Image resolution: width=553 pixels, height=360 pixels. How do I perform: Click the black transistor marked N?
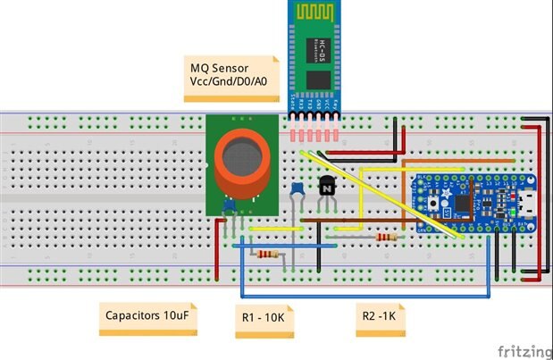(x=328, y=187)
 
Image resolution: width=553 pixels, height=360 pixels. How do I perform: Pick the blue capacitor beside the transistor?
(x=296, y=189)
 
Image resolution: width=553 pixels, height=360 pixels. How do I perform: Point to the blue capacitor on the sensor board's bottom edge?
(x=229, y=205)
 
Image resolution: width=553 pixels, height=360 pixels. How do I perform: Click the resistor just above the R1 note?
(x=268, y=255)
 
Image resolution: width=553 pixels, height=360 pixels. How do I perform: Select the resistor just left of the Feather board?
(x=387, y=238)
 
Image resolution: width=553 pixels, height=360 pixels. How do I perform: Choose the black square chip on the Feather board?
(x=463, y=205)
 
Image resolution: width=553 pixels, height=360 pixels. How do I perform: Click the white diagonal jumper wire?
(x=384, y=197)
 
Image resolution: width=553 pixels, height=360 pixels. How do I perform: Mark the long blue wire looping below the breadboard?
(x=366, y=297)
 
